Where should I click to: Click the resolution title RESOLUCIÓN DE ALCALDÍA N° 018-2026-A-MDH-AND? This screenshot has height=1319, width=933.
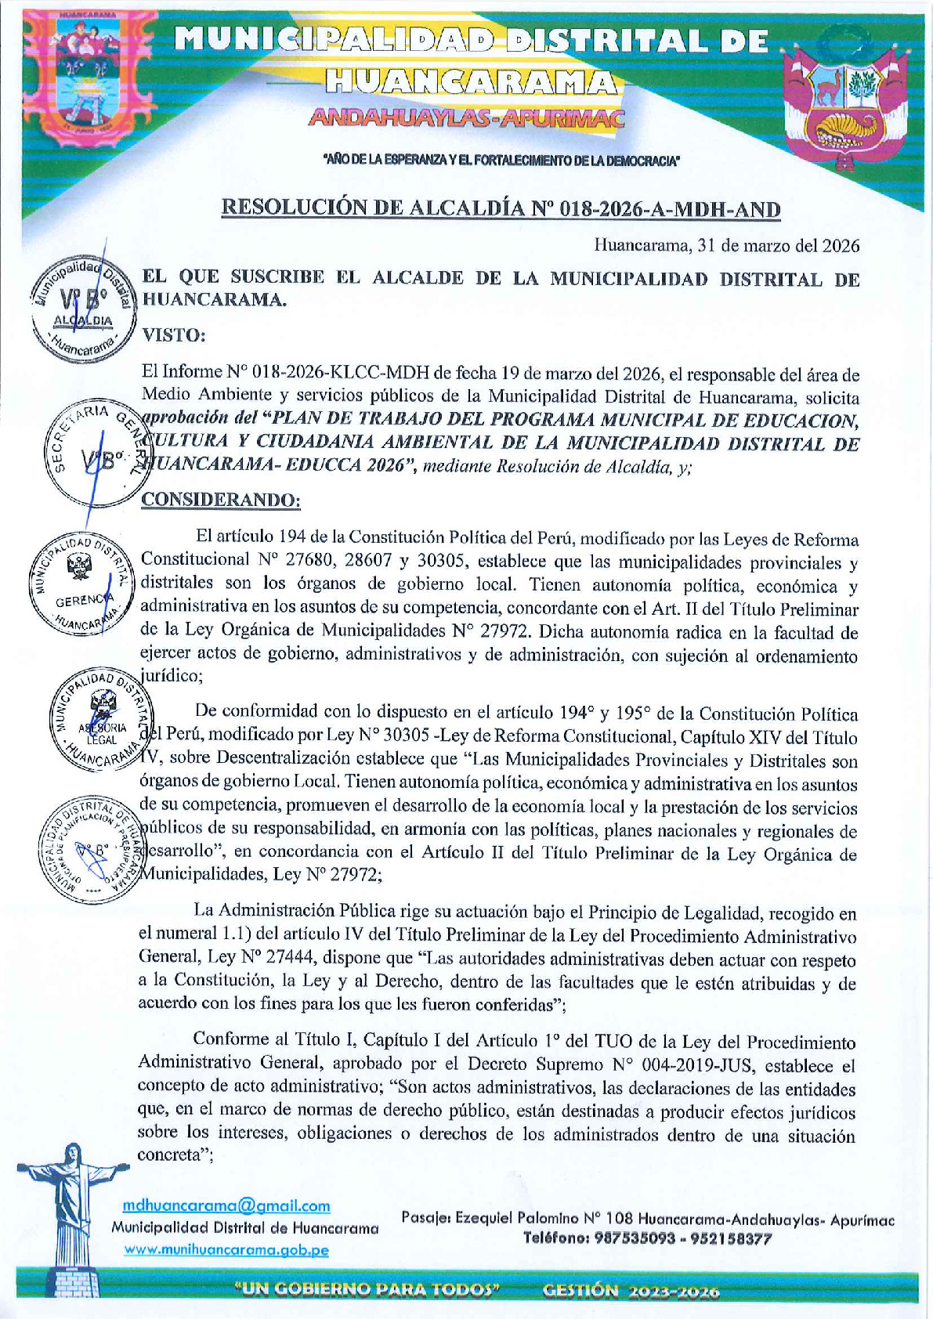pyautogui.click(x=501, y=208)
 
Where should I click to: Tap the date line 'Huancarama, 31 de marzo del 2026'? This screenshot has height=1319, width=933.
pyautogui.click(x=726, y=245)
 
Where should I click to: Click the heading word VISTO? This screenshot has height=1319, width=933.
pyautogui.click(x=173, y=335)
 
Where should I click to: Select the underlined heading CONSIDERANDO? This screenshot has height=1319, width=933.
pyautogui.click(x=220, y=499)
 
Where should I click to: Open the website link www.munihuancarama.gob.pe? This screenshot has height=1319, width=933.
pyautogui.click(x=226, y=1250)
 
